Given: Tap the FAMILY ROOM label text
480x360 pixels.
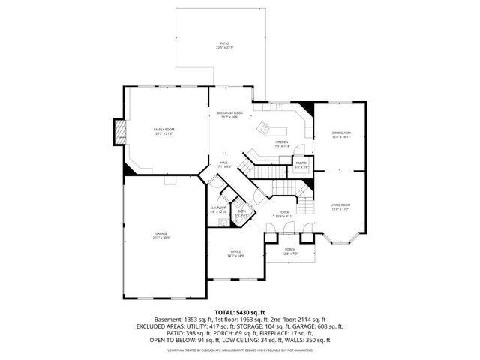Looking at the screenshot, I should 163,130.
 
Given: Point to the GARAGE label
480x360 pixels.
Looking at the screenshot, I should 162,235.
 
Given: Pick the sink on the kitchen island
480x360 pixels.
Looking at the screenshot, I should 264,128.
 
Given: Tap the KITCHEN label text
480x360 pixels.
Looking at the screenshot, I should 281,142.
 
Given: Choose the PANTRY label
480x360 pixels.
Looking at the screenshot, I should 301,163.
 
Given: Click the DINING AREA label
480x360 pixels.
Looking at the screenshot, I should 342,133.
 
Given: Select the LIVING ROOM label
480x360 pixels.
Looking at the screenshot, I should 340,205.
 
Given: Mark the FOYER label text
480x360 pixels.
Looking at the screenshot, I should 284,212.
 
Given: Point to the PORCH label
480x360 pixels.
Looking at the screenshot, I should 289,250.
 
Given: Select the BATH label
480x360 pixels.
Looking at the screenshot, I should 242,212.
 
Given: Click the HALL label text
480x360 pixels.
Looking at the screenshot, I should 223,163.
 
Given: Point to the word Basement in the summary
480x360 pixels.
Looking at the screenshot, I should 169,319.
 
